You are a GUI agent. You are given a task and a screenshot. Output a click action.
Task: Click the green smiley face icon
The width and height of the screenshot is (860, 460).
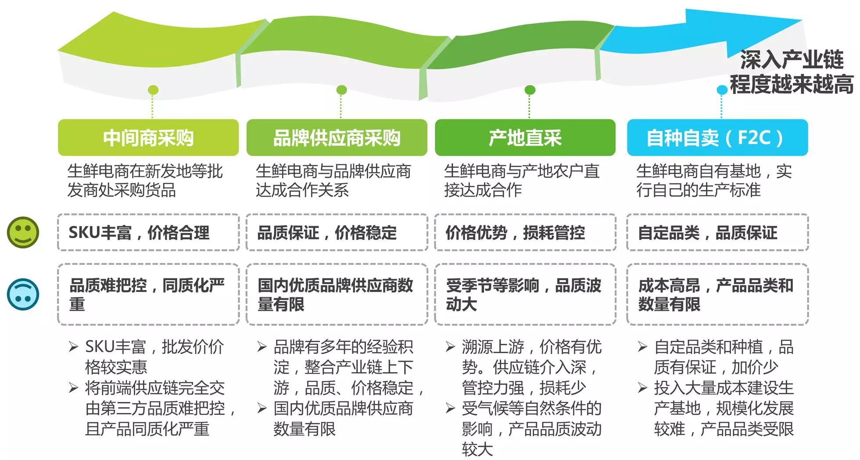[23, 232]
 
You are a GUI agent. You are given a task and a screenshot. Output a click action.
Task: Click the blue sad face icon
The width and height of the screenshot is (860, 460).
[23, 294]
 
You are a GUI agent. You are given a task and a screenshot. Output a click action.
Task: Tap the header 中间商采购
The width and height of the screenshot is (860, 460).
[148, 138]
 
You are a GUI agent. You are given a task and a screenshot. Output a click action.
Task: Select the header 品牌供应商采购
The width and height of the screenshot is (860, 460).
[337, 138]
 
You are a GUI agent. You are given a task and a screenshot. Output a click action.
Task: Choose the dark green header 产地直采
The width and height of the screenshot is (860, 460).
[525, 138]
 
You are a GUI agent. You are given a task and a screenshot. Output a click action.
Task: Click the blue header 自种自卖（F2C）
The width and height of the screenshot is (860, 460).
[717, 138]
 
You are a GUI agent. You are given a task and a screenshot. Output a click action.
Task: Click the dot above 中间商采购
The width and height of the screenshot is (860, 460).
[153, 90]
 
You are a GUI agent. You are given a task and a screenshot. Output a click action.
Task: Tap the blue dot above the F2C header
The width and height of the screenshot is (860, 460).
[722, 90]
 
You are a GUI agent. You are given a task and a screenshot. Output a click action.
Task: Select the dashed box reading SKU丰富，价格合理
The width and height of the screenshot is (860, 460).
[148, 232]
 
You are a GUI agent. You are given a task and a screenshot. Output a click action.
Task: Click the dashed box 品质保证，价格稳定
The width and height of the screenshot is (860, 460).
[337, 232]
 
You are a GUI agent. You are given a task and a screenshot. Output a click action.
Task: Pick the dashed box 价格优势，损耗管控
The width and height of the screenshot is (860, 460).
[525, 232]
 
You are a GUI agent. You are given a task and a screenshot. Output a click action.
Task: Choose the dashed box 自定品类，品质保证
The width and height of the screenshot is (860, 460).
[717, 232]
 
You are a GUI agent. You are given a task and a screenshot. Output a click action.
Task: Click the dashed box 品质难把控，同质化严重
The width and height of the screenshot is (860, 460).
[148, 294]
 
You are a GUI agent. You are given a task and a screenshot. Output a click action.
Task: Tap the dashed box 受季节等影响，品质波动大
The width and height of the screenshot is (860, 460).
[525, 294]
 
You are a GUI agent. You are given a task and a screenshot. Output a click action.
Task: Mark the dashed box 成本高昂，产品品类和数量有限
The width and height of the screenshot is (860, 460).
[717, 294]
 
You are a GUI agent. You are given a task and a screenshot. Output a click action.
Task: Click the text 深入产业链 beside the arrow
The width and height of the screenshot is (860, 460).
[792, 60]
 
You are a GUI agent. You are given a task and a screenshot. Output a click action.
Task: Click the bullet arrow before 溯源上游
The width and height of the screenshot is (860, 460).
[450, 347]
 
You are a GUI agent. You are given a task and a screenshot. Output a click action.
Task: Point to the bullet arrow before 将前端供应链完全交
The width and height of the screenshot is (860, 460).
[73, 388]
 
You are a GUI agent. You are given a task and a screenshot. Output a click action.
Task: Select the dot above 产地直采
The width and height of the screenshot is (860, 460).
[530, 90]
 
